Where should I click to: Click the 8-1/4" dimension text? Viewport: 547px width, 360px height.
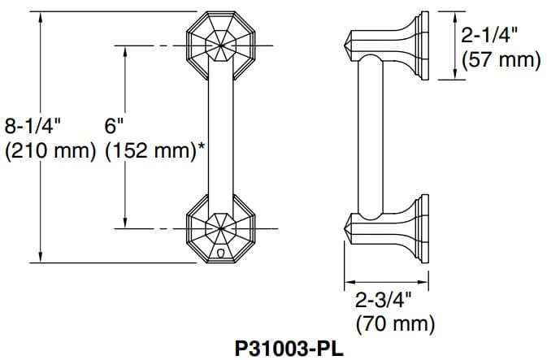[x=33, y=126]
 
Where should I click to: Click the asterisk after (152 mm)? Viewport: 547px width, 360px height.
[x=201, y=147]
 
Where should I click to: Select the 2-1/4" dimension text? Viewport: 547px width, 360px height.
[x=489, y=35]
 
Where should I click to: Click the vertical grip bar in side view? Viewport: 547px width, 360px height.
[x=371, y=138]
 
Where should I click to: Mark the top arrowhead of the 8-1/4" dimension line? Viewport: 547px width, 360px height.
[x=41, y=17]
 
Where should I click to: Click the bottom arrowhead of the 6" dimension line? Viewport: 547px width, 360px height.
[x=126, y=223]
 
